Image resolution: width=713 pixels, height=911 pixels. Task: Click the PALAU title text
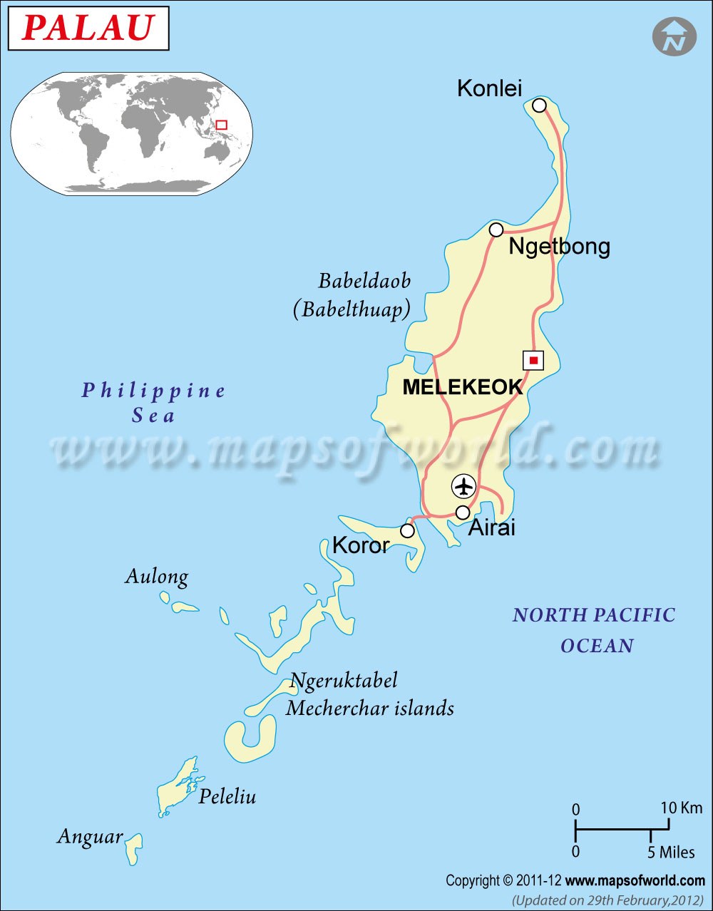click(88, 29)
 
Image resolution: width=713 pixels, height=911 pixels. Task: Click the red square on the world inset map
click(221, 125)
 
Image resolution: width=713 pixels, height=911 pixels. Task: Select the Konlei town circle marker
click(540, 105)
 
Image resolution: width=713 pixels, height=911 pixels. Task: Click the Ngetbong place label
click(559, 247)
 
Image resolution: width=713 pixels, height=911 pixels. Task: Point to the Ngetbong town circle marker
click(496, 230)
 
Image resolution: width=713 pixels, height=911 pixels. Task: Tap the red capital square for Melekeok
click(533, 360)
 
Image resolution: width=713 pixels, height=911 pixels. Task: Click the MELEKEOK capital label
click(462, 387)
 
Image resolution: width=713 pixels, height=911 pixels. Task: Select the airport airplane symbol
click(464, 487)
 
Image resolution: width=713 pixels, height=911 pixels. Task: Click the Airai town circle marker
click(463, 513)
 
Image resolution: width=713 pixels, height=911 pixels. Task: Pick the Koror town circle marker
click(407, 531)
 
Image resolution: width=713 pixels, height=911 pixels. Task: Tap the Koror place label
click(361, 545)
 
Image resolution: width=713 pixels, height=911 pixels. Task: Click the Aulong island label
click(157, 577)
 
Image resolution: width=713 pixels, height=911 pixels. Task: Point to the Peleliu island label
click(227, 796)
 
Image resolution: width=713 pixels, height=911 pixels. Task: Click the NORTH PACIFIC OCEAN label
click(594, 630)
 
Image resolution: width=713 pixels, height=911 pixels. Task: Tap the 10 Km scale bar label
click(681, 808)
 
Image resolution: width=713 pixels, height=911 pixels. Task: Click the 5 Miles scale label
click(670, 852)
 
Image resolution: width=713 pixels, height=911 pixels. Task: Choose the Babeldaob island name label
click(364, 281)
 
